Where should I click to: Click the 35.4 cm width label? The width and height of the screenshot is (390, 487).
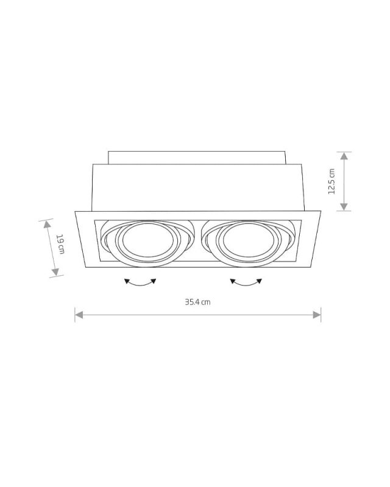pos(198,302)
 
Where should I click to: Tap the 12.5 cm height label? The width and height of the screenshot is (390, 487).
pos(333,181)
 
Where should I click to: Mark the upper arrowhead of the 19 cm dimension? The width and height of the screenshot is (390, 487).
pos(45,223)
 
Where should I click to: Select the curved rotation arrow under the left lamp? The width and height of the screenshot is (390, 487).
pos(140,283)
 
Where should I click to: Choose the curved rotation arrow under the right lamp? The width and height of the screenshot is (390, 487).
pos(246,283)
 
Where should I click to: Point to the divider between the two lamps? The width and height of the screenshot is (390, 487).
pos(198,242)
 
